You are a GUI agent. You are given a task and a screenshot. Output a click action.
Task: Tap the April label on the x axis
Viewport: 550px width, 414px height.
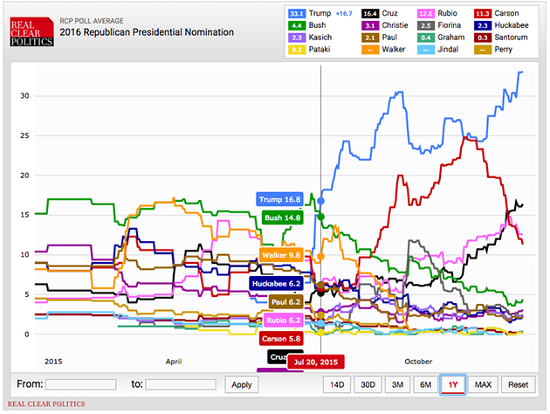(x=173, y=360)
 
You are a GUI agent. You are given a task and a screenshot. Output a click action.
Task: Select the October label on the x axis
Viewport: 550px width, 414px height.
(x=417, y=360)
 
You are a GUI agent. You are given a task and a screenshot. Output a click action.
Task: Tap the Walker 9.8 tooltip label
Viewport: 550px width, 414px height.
(x=281, y=255)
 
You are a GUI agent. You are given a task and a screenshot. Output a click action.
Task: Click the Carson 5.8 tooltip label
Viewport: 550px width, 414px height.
(x=282, y=338)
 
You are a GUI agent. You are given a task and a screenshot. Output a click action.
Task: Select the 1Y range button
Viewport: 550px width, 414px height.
(x=453, y=384)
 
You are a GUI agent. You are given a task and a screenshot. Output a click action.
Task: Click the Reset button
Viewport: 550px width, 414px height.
(x=518, y=384)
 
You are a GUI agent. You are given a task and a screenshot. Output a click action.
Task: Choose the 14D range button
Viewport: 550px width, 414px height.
(x=336, y=384)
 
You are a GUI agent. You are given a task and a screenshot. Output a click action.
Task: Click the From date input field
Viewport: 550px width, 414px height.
(x=81, y=384)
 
